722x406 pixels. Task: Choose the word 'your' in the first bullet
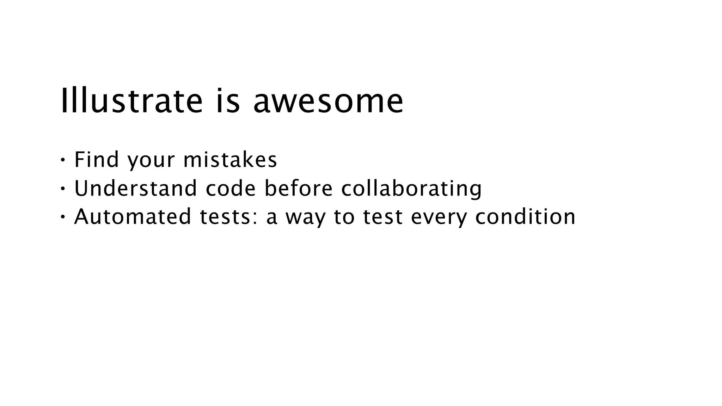(151, 161)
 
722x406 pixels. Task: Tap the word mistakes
(230, 159)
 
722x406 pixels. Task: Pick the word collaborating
(411, 189)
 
